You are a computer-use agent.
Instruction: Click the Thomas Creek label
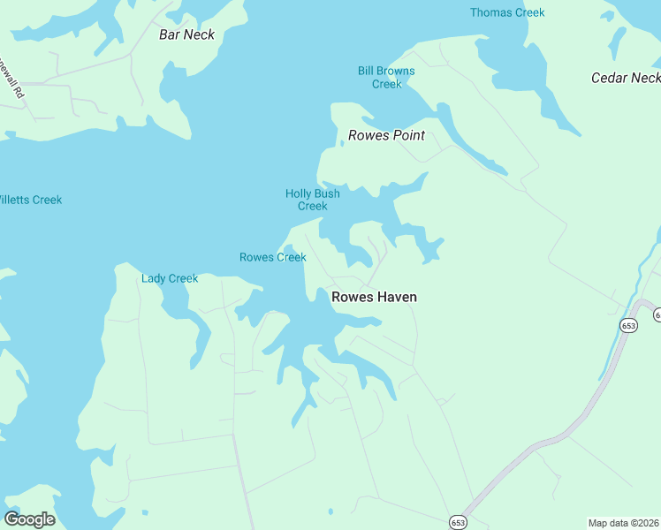(507, 12)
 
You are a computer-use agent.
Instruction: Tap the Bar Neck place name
(186, 34)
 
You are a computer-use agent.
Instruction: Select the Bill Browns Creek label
(386, 77)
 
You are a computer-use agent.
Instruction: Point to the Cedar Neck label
(625, 78)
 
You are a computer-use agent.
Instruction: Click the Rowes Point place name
(386, 135)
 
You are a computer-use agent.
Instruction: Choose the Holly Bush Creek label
(312, 200)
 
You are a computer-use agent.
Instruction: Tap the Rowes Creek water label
(272, 257)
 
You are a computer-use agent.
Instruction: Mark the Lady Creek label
(170, 278)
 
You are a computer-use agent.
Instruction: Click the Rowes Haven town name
(374, 297)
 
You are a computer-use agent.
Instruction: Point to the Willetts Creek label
(29, 200)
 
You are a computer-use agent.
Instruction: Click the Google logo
(29, 519)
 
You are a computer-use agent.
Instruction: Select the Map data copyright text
(624, 522)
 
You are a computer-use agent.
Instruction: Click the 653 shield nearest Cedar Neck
(628, 325)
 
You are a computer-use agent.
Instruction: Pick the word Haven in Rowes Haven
(397, 297)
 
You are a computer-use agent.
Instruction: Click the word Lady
(154, 278)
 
